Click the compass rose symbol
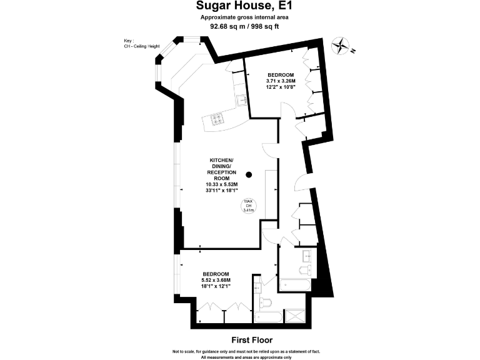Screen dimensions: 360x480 tap(341, 45)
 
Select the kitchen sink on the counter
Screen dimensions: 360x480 tap(241, 100)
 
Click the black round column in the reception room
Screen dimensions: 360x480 tap(249, 175)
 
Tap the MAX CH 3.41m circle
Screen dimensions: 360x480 tap(247, 207)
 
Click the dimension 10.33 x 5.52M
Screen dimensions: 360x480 tap(222, 184)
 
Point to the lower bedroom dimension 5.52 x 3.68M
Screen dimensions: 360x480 tap(215, 280)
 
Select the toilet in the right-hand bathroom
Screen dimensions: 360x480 tap(304, 270)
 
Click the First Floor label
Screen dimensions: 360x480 tap(251, 341)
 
